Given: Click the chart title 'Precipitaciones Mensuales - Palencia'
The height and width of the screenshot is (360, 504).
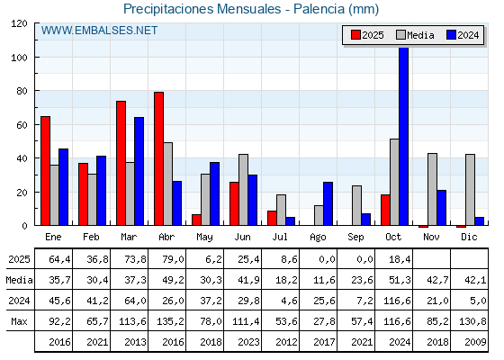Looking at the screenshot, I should [250, 9].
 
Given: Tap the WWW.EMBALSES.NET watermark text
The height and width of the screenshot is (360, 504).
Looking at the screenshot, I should [100, 31].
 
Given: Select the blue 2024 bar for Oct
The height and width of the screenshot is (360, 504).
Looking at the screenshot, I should [403, 136].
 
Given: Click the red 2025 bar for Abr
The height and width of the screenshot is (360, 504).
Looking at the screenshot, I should [158, 158].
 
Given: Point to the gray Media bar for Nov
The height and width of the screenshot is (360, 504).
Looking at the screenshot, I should [432, 189].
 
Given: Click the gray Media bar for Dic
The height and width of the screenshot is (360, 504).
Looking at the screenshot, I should [470, 189].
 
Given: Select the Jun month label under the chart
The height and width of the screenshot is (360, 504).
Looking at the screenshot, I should [242, 236].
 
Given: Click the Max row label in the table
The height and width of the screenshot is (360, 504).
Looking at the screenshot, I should [18, 320].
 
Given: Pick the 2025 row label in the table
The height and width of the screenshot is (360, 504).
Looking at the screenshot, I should [18, 258].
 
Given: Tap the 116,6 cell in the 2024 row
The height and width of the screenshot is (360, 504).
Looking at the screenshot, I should [393, 300].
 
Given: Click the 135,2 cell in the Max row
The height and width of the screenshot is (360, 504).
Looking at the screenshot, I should [166, 320].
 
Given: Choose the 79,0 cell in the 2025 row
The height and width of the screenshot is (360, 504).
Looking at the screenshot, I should [166, 258].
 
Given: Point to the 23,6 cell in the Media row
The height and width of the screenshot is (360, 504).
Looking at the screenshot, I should [355, 279].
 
